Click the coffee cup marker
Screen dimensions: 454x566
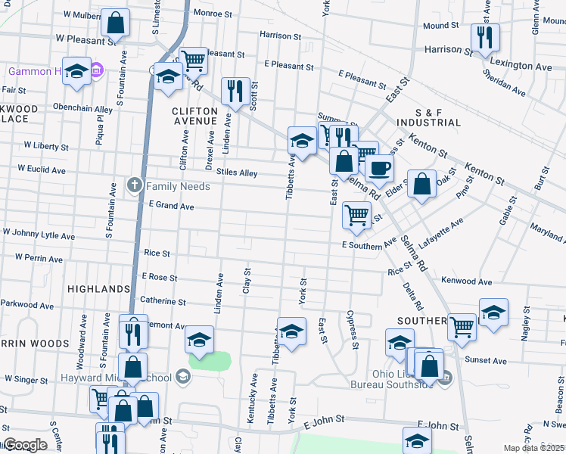[x=380, y=168]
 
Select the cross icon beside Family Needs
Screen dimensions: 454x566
[x=135, y=185]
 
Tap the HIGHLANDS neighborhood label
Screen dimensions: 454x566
[x=98, y=289]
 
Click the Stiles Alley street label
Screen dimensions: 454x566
[x=237, y=173]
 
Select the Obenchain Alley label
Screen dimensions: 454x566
[x=82, y=109]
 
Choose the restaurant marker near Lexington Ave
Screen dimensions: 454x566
[x=484, y=37]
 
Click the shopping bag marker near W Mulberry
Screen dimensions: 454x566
[x=117, y=24]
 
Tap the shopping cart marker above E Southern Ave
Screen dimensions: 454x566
[x=356, y=214]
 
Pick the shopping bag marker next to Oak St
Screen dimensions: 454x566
[x=421, y=184]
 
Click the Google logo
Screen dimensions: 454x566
[x=25, y=445]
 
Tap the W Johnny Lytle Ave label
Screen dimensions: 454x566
[x=39, y=235]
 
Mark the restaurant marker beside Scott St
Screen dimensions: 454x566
[x=235, y=92]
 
